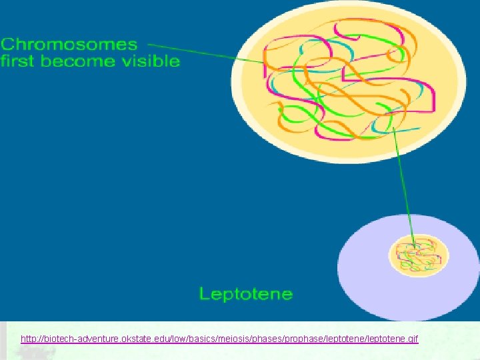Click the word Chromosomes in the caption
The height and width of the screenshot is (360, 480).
[69, 45]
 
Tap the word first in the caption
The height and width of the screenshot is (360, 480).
[18, 61]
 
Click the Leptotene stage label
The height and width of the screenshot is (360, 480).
[246, 293]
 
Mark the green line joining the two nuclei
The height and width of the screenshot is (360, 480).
[403, 187]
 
